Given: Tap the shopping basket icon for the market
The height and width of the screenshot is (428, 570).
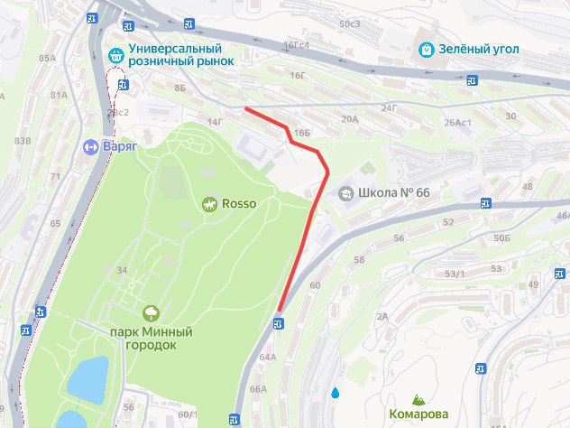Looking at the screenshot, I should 115,51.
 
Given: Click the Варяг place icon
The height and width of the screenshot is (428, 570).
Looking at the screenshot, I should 91,145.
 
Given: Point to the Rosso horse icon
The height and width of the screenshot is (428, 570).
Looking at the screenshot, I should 209,204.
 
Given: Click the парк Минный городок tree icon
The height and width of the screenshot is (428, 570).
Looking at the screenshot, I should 151,312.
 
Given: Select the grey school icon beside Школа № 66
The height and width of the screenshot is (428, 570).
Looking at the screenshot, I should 345,193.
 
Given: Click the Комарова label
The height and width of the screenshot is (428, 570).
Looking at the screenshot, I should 418,414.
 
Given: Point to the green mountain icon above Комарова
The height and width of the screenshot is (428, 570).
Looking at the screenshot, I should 418,398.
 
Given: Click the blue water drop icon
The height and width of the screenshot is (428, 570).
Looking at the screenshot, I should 336,394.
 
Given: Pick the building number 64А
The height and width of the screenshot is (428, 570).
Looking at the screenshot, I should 268,358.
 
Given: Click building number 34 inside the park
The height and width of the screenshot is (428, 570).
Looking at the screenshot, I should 122,269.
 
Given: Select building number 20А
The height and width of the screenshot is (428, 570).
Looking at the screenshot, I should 350,118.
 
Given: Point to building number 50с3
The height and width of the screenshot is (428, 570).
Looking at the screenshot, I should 349,23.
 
